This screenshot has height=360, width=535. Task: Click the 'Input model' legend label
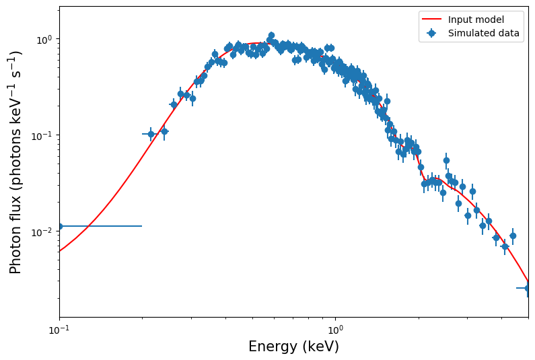pos(476,20)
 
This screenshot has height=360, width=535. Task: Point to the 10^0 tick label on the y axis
pos(43,39)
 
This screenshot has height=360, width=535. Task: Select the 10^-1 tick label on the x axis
pos(59,331)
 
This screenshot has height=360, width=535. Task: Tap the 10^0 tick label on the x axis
pos(335,331)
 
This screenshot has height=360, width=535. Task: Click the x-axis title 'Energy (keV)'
pos(293,347)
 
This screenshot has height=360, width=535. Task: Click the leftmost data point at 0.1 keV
pos(60,226)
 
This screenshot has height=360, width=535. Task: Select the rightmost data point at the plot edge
pos(528,288)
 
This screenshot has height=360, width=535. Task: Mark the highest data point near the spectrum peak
pos(271,35)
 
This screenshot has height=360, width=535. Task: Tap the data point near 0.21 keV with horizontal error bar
pos(151,134)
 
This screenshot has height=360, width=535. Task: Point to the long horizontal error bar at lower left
pos(101,226)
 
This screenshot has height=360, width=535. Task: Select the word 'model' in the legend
pos(490,20)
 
